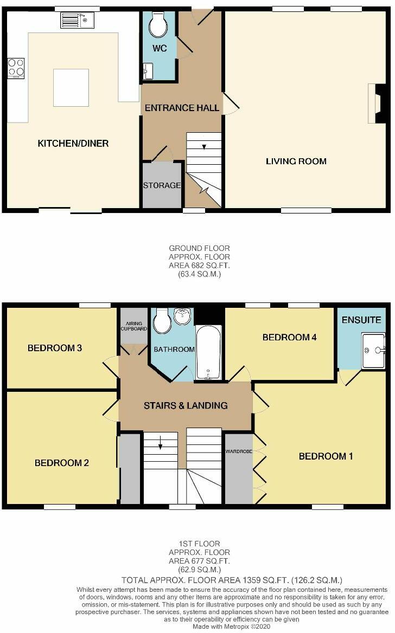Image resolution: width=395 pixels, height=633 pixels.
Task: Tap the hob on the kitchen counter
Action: pos(16,68)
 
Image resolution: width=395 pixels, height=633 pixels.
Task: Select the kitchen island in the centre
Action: pos(71,88)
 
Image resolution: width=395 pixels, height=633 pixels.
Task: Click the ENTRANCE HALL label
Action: pos(182,108)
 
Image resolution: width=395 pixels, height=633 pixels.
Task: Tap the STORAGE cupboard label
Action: pos(162,185)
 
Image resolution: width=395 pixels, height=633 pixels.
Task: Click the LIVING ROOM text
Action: pos(296,161)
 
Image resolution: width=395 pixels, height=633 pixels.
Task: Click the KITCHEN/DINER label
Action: pos(73,144)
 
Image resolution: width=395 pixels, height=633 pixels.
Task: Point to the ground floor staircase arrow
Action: pos(204,146)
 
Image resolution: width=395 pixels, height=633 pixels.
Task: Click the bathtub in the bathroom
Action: pos(208,352)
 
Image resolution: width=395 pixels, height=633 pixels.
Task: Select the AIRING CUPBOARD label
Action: pos(133,326)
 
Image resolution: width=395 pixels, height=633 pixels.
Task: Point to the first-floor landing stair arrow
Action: pos(161,446)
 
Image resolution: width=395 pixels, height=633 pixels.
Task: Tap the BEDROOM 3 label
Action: pos(55,348)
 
